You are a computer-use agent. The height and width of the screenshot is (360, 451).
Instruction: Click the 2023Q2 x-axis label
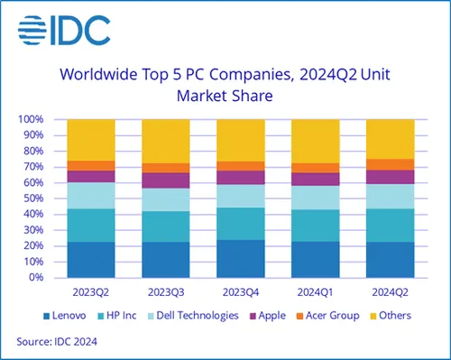click(x=90, y=292)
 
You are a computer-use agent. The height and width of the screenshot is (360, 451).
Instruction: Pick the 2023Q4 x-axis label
click(x=241, y=292)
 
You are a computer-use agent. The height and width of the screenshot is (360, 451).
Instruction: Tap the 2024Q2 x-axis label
click(x=390, y=292)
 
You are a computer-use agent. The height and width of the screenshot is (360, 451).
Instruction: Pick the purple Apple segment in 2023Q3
click(x=166, y=180)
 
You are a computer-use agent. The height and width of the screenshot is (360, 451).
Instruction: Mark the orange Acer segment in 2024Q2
click(x=390, y=164)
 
